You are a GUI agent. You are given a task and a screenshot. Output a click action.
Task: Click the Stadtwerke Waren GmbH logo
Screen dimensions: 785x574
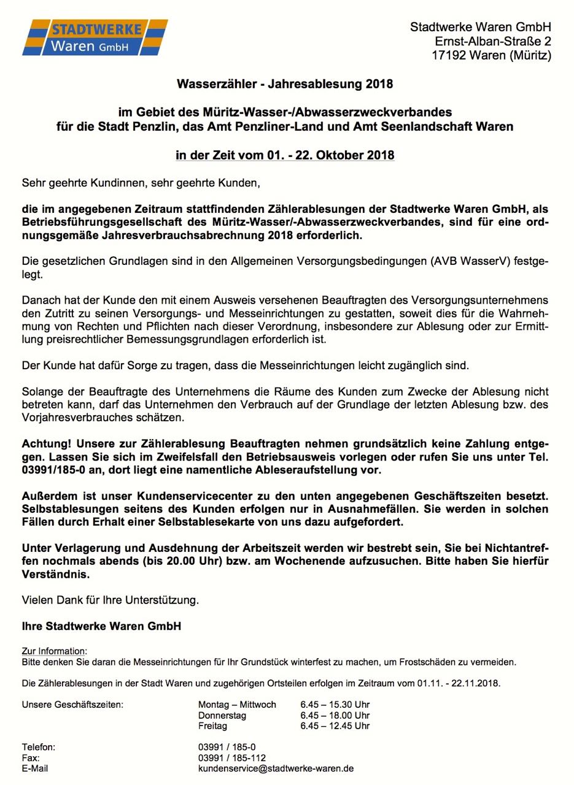(95, 37)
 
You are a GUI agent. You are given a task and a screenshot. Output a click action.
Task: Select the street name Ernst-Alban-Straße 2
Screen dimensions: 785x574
(492, 41)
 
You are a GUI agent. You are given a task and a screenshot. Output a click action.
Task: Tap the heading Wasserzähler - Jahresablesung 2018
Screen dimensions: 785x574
(285, 83)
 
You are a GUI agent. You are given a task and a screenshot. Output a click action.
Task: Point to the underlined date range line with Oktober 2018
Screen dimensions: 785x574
(285, 155)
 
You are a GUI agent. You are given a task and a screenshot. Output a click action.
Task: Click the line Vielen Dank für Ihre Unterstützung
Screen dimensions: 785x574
(111, 600)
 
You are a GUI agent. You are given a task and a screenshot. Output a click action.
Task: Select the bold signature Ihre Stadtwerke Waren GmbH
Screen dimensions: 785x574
(101, 627)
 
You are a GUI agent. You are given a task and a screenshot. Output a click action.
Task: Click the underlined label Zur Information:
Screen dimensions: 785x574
(55, 651)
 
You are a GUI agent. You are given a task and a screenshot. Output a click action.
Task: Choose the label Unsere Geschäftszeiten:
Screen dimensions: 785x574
(72, 704)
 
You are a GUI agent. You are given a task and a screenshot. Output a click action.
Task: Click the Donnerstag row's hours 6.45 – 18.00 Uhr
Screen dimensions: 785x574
(335, 715)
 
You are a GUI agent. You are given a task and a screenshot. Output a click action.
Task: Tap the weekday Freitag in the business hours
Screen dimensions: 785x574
(212, 726)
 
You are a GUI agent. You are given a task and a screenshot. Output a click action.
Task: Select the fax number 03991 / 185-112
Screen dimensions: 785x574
(231, 758)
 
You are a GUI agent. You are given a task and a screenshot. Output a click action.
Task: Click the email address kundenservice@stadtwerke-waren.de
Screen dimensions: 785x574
(276, 768)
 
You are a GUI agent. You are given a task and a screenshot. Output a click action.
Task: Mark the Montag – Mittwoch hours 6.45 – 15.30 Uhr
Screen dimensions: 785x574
(335, 704)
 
